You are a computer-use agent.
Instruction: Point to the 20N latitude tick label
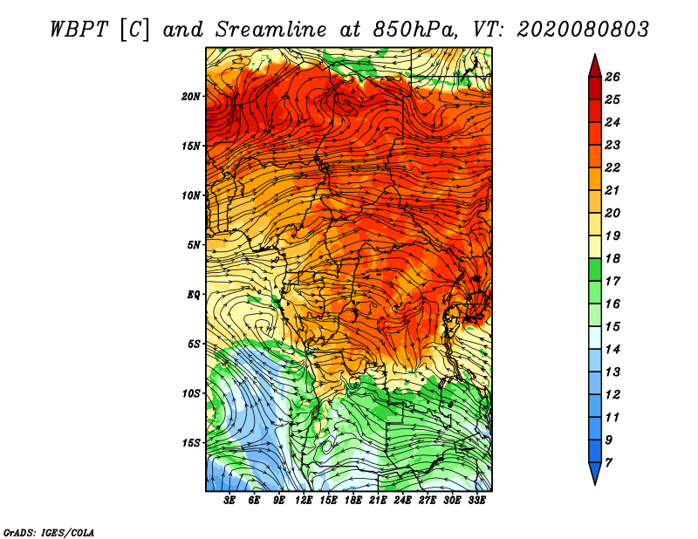[191, 96]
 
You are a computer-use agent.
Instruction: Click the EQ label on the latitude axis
[194, 295]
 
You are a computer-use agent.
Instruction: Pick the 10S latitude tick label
[191, 393]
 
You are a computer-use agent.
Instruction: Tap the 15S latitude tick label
[191, 443]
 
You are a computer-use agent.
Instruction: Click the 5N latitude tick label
[194, 245]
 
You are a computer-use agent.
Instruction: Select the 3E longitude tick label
[230, 501]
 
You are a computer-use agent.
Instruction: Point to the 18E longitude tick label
[353, 501]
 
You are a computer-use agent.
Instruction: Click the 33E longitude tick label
[476, 501]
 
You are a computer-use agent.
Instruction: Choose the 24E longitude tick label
[402, 501]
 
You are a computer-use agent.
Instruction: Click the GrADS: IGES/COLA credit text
[49, 531]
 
